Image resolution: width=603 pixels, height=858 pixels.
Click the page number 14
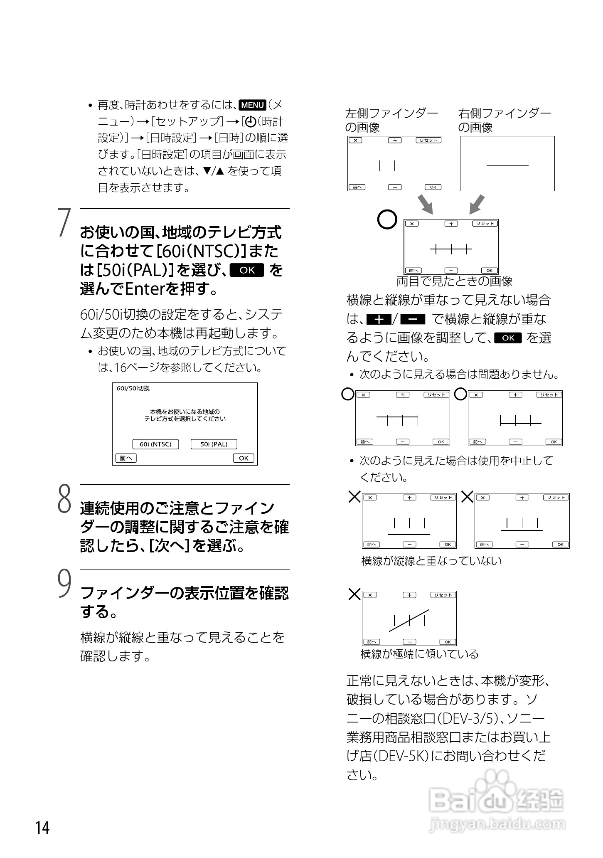[x=42, y=827]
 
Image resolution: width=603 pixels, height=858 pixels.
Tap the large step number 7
[x=64, y=223]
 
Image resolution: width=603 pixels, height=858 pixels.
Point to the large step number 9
[x=64, y=584]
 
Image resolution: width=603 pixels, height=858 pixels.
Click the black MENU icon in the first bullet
[x=253, y=105]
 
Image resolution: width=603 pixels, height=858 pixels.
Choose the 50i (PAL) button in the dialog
[x=214, y=444]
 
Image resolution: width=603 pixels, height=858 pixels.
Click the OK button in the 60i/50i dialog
[x=244, y=458]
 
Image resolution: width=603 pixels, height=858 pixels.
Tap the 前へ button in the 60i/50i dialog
[x=126, y=458]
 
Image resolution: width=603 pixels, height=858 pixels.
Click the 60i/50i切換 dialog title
[x=133, y=388]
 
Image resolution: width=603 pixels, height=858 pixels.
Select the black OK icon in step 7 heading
[x=247, y=270]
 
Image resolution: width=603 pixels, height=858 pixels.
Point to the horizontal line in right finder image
[x=507, y=166]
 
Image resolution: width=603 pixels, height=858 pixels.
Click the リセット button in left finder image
[x=428, y=141]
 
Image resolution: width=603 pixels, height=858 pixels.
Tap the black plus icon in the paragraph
[x=379, y=319]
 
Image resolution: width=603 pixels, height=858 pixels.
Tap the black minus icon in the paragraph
[x=413, y=319]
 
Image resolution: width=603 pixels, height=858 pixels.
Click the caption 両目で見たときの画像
[x=454, y=281]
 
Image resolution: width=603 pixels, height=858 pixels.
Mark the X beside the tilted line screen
[x=354, y=594]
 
